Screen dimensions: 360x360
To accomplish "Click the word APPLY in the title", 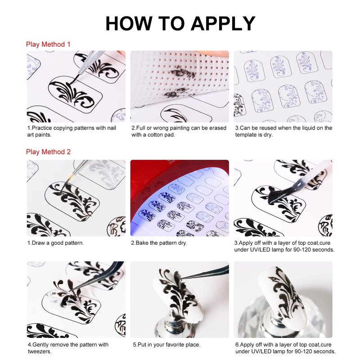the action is (x=223, y=24).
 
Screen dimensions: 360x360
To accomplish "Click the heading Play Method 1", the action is (x=48, y=44).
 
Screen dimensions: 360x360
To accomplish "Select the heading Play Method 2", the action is (x=48, y=152).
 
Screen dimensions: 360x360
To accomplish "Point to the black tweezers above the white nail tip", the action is (x=204, y=273).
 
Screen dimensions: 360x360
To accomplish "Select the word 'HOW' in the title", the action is (x=129, y=24).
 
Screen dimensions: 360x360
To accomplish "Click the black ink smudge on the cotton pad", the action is (x=183, y=72).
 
